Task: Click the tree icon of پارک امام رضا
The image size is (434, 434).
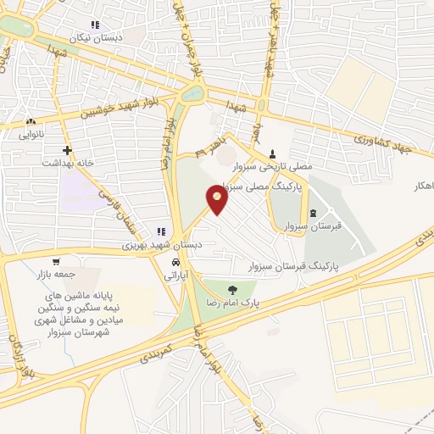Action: click(x=232, y=289)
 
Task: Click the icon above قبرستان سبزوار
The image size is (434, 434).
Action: click(x=314, y=213)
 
